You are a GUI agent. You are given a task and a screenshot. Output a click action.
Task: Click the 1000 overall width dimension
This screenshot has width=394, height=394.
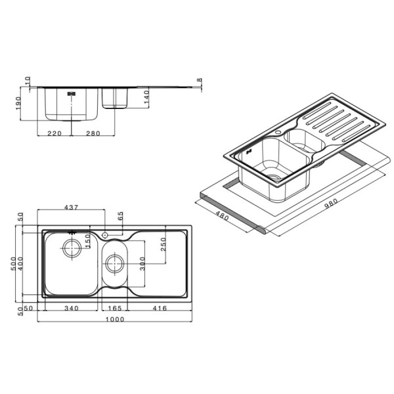[114, 319]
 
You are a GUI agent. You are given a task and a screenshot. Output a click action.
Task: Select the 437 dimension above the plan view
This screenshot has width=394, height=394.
[72, 208]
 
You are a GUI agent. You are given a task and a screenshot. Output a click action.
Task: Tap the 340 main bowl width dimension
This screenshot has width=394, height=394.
[72, 308]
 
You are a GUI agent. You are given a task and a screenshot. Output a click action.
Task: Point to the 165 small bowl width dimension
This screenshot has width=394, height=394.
[114, 308]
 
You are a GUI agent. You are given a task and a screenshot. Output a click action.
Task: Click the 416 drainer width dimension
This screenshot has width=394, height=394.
[160, 308]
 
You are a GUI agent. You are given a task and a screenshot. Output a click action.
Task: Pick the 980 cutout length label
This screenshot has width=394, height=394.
[331, 204]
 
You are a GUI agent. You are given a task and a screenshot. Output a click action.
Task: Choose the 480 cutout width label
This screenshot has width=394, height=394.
[222, 215]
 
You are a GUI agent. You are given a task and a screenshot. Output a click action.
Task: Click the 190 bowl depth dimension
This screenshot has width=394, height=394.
[18, 103]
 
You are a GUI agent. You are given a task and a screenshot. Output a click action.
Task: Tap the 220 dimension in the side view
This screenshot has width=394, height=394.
[55, 133]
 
